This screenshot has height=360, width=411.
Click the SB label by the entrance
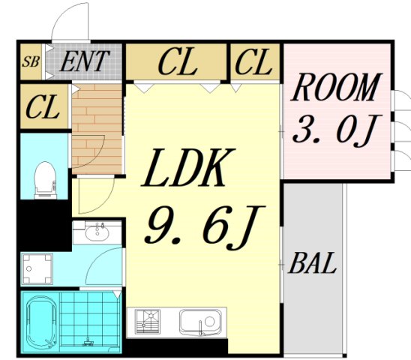[31, 62]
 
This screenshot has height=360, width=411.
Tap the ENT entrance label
[85, 61]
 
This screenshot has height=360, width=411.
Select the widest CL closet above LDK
[176, 61]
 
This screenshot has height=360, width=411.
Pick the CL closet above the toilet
[44, 106]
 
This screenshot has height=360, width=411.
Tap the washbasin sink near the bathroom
[97, 232]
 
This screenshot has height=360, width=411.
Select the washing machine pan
[37, 268]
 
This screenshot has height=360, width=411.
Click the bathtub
[42, 322]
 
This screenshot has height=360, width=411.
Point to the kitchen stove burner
[148, 322]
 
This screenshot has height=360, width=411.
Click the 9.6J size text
[204, 227]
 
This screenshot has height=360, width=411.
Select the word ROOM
[336, 88]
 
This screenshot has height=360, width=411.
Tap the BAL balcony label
[313, 263]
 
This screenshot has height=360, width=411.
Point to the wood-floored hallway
[97, 129]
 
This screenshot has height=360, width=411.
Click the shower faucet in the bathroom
[88, 340]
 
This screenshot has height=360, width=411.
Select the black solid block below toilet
[44, 225]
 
